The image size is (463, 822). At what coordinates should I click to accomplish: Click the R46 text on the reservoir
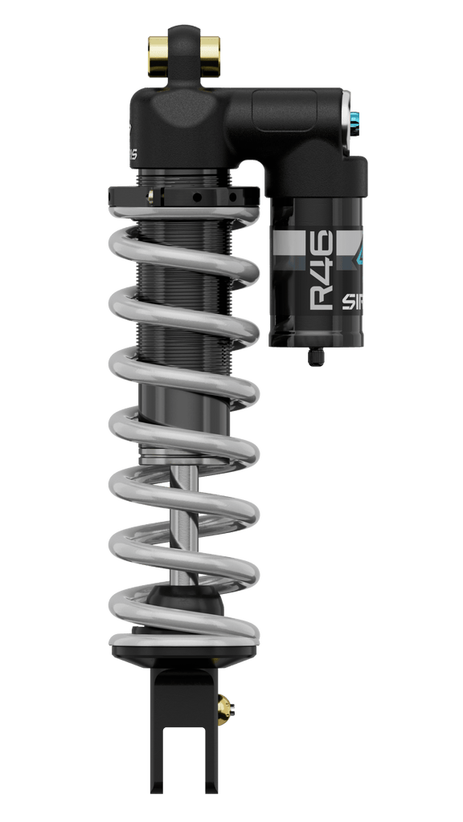(322, 270)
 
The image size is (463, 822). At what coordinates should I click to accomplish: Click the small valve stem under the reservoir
(316, 356)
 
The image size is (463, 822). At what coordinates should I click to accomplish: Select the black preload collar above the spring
(183, 195)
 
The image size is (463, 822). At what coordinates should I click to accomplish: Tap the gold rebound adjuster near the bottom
(227, 707)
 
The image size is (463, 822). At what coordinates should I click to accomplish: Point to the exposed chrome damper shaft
(184, 522)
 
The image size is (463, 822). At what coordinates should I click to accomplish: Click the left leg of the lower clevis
(166, 747)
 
